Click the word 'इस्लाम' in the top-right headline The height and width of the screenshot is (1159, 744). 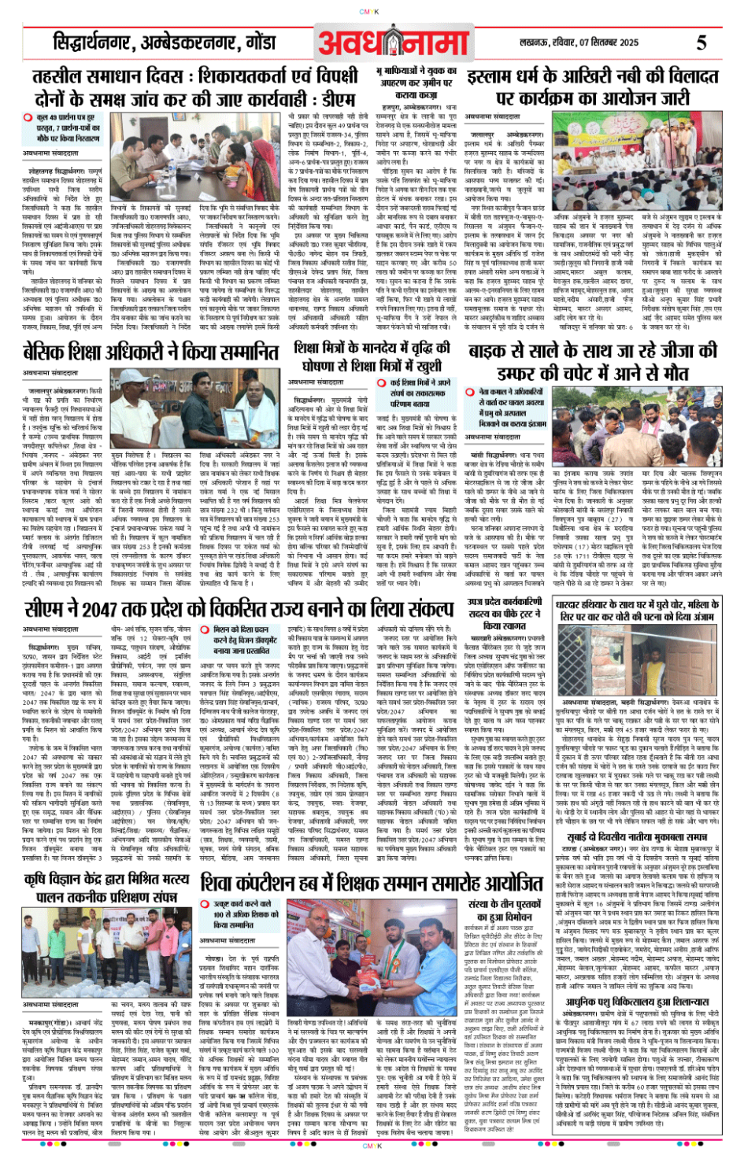[494, 78]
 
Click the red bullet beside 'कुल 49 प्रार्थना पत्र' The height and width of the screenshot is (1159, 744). [28, 117]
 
